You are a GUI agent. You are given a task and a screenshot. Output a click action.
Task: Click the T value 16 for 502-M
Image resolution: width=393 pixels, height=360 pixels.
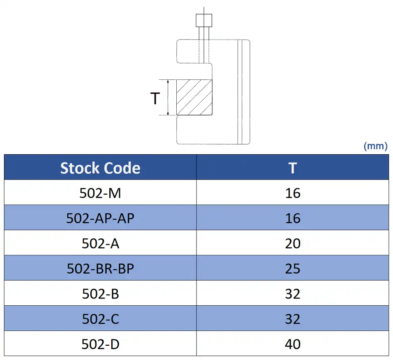[292, 193]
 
